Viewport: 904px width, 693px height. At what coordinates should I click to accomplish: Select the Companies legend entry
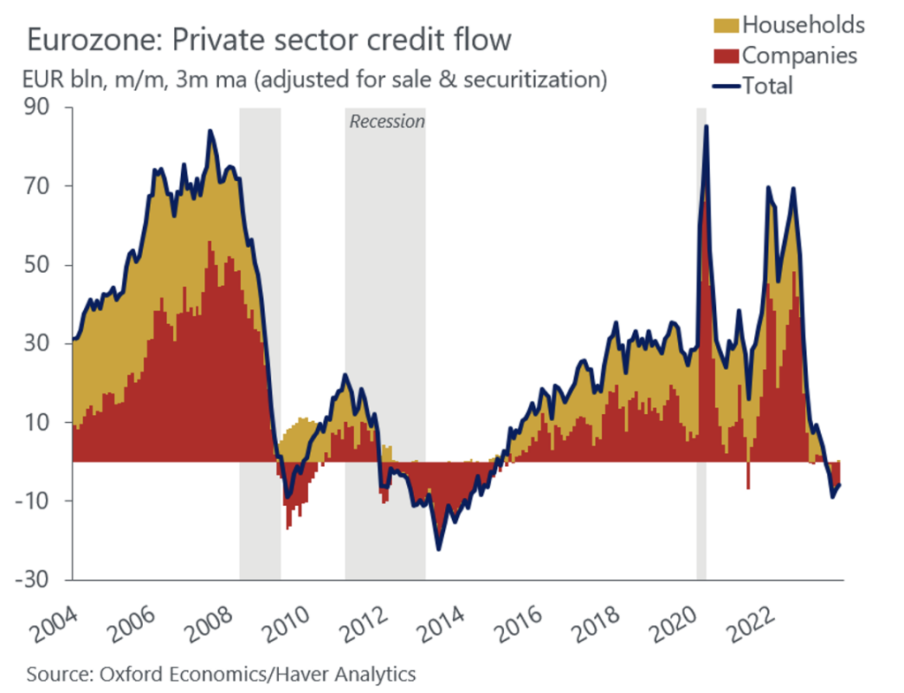point(799,55)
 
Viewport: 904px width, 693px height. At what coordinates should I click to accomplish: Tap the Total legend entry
point(767,85)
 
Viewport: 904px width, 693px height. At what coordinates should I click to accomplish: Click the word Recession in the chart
point(387,121)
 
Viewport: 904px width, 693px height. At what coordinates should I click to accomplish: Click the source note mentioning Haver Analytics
point(221,674)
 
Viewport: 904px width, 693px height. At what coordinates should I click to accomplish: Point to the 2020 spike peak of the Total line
point(705,126)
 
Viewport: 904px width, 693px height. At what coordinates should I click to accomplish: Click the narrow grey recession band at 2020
point(702,353)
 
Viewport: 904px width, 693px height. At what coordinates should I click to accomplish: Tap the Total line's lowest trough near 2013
point(439,549)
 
